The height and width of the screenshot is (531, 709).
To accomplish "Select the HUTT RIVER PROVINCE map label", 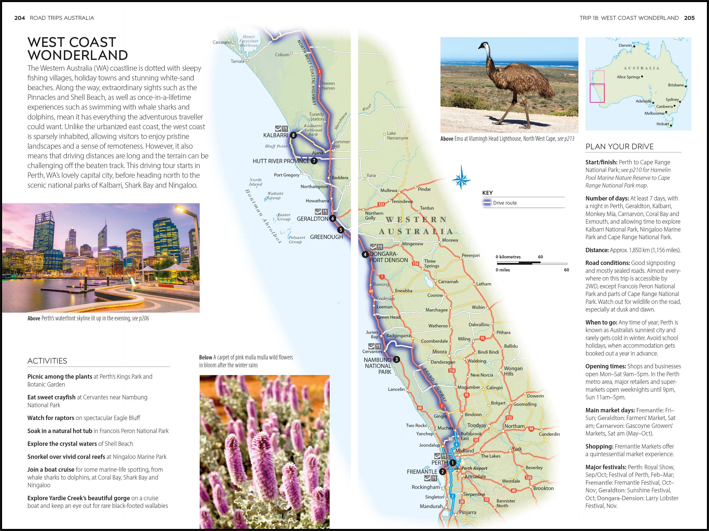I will coord(281,161).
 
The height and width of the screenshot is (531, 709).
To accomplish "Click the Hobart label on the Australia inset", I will coord(663,124).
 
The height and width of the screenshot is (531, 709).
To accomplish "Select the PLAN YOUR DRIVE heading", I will coord(619,147).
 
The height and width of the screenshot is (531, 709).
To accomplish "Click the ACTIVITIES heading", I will coord(47,361).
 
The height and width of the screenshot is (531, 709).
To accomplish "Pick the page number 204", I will coord(20,18).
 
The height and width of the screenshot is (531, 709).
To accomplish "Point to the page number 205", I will coord(689,18).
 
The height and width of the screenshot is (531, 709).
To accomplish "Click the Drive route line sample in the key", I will coord(487,203).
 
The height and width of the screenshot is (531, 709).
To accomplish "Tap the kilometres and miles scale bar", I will coord(531,263).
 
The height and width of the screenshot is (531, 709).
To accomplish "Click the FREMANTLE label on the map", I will coord(422,472).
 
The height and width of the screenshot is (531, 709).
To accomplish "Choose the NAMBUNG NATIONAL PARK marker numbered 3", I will coord(397,359).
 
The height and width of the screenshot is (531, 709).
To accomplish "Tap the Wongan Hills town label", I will coord(513,371).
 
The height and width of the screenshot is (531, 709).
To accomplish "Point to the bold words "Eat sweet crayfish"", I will coord(51,397).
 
